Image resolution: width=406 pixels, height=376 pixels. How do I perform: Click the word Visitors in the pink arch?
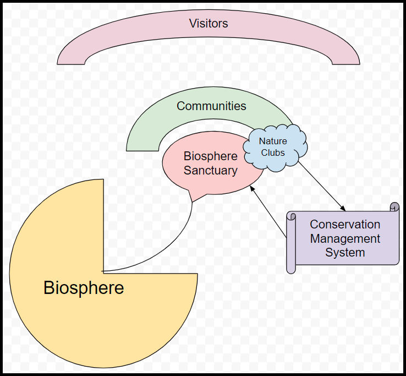(x=209, y=24)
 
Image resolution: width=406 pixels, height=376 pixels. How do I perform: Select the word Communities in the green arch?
(x=211, y=106)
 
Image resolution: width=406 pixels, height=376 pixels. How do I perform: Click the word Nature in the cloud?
(x=273, y=141)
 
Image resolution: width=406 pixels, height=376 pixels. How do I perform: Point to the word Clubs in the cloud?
(x=273, y=152)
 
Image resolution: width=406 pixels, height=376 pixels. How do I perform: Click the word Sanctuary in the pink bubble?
(x=211, y=171)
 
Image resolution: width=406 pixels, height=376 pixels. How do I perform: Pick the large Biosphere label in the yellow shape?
(x=84, y=288)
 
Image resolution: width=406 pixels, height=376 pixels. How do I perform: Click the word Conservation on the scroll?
(x=345, y=225)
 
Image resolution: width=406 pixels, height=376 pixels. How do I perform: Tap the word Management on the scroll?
(x=345, y=239)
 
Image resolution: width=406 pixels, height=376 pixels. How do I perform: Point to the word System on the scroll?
(x=345, y=253)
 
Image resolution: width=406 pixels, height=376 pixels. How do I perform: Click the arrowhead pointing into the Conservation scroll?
(x=342, y=208)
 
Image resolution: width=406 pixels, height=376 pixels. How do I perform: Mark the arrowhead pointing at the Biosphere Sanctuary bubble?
(x=253, y=188)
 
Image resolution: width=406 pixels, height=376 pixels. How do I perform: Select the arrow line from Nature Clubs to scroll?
(x=322, y=186)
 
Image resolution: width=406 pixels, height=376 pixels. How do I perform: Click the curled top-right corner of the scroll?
(x=394, y=207)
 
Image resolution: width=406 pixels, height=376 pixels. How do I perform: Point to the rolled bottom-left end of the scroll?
(x=291, y=268)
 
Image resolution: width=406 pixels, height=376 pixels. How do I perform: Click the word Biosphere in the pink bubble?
(x=211, y=156)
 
